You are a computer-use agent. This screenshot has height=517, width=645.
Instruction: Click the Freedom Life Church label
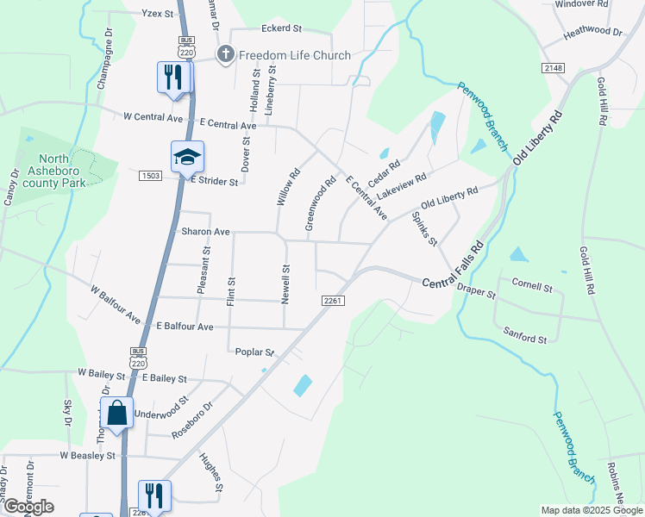[x=295, y=55]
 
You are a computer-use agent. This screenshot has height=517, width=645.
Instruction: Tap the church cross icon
[x=225, y=55]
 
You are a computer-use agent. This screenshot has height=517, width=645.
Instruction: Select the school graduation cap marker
[x=187, y=157]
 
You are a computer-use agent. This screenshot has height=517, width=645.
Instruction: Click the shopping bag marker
[x=116, y=412]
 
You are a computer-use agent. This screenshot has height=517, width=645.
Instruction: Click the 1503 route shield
[x=151, y=176]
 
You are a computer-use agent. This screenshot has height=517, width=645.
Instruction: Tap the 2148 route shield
[x=554, y=67]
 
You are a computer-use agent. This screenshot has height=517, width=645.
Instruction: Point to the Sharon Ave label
[x=205, y=232]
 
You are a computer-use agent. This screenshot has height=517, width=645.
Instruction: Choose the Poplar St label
[x=254, y=352]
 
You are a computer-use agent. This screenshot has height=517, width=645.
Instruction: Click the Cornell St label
[x=531, y=285]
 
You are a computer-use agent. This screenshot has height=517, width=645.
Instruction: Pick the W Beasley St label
[x=87, y=455]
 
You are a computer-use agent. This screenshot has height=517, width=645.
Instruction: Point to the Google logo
[x=28, y=507]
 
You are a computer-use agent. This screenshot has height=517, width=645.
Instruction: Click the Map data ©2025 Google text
[x=591, y=510]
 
